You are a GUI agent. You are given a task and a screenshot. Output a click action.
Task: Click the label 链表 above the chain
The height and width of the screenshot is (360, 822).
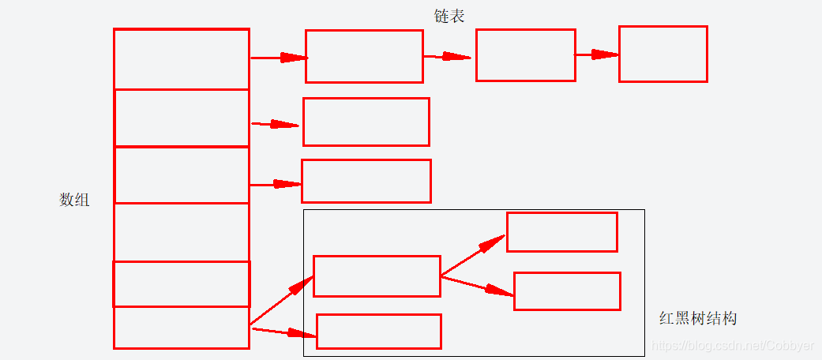[449, 16]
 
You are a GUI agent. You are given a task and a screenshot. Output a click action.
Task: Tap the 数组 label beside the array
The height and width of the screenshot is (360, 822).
[74, 200]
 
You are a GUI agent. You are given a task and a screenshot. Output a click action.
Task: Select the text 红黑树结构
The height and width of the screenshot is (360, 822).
[698, 319]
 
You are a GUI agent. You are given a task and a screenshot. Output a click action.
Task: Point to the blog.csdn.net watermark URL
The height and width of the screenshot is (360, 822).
[730, 346]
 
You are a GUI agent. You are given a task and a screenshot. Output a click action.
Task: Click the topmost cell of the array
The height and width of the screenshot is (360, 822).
[182, 58]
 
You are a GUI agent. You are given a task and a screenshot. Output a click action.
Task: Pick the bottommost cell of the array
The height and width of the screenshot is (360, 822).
[182, 328]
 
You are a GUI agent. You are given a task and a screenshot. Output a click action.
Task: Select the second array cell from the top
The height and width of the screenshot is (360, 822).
[182, 118]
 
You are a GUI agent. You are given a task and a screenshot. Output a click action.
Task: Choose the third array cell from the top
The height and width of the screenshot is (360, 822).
[182, 174]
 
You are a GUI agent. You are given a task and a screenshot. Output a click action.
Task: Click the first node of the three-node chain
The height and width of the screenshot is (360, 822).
[364, 56]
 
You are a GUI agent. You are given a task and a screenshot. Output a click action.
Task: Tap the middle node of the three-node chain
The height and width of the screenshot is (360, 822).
[525, 55]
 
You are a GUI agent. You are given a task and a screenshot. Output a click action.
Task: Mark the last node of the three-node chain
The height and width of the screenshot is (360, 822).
[662, 54]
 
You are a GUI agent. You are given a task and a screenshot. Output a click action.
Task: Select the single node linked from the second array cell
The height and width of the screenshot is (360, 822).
[366, 122]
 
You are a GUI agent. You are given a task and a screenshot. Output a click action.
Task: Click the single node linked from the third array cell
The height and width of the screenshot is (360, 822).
[366, 181]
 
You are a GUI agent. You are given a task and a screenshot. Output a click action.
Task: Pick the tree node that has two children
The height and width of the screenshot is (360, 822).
[377, 276]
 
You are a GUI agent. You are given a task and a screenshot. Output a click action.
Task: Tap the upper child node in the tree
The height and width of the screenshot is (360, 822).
[561, 232]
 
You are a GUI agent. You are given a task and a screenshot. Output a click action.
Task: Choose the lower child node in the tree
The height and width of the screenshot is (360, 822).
[567, 291]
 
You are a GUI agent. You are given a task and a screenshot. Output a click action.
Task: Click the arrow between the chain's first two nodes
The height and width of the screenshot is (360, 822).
[449, 56]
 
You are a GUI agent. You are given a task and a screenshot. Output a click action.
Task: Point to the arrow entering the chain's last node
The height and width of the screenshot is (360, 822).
[597, 54]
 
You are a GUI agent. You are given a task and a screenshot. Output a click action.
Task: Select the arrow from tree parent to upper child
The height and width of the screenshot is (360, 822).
[473, 255]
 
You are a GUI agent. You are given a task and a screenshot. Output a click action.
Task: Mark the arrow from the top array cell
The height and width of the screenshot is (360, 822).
[278, 57]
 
